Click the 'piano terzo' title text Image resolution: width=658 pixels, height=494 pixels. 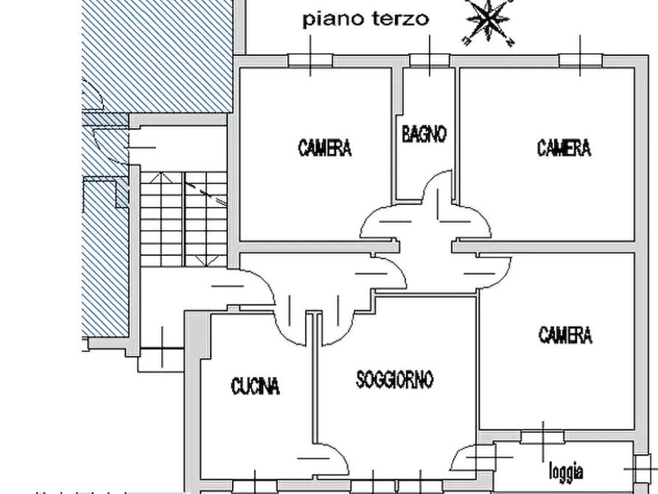tap(365, 20)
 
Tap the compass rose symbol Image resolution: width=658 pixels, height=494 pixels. tap(489, 21)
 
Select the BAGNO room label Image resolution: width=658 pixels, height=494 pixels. tap(424, 134)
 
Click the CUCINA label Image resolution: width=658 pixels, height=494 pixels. tap(255, 386)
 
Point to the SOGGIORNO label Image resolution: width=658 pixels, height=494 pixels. tap(394, 379)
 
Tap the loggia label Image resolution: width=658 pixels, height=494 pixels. tap(566, 471)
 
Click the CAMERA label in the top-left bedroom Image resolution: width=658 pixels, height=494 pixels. tap(325, 148)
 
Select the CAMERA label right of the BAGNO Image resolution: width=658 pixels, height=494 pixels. tap(564, 148)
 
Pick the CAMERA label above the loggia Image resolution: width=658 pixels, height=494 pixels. tap(565, 335)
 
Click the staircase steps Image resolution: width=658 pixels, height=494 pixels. tap(183, 219)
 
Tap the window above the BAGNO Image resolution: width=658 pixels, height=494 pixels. tap(430, 60)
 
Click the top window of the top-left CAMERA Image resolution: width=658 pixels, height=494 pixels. tap(310, 60)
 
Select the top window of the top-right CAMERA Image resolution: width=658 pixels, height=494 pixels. tap(581, 60)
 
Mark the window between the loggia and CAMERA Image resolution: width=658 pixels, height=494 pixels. tap(543, 437)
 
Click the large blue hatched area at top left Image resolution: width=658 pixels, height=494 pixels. tap(158, 56)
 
